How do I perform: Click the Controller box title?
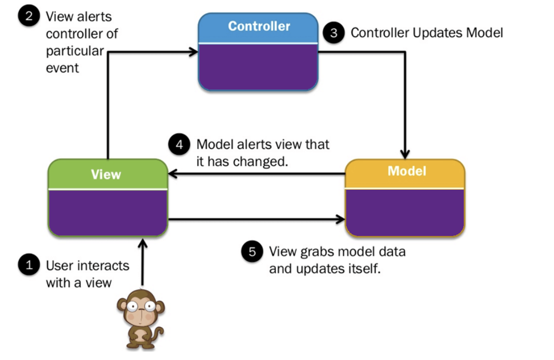259,26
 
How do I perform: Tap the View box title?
106,174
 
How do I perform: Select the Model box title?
407,171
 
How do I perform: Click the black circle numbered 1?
29,264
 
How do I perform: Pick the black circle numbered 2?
29,16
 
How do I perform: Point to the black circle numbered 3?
334,33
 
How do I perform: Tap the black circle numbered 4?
179,144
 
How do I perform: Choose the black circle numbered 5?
252,252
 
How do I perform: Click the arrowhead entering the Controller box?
194,52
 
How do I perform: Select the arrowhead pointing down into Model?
405,154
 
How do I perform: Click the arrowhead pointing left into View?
173,174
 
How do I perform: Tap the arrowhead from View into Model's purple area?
340,219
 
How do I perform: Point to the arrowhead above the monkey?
143,244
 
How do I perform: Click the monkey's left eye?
133,306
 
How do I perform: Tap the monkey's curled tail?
159,333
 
